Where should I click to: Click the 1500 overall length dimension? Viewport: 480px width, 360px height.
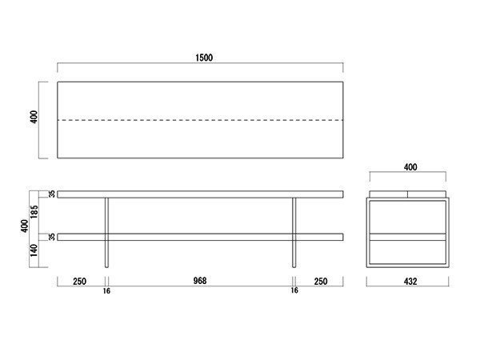tap(204, 58)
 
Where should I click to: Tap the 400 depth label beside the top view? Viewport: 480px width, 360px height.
tap(34, 117)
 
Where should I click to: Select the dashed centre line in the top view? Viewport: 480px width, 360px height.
tap(200, 120)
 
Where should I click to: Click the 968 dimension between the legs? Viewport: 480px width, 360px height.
tap(200, 281)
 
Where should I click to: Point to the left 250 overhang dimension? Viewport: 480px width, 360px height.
tap(79, 282)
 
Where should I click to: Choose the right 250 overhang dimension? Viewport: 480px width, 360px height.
tap(321, 282)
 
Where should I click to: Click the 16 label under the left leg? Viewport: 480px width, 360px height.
tap(106, 291)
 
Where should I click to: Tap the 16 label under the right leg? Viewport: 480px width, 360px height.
tap(294, 290)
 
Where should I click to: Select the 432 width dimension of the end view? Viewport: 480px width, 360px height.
tap(410, 282)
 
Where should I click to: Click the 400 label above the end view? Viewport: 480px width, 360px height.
tap(410, 167)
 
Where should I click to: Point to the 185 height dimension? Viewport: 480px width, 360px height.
tap(34, 211)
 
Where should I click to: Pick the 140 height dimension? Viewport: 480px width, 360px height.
tap(34, 250)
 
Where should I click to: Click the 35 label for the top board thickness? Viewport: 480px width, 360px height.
tap(52, 194)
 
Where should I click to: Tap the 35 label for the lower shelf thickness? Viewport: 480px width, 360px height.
tap(52, 237)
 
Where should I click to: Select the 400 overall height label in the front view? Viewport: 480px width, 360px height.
tap(25, 226)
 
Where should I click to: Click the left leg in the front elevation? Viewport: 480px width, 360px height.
tap(106, 232)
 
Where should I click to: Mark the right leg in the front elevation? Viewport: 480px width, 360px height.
tap(294, 232)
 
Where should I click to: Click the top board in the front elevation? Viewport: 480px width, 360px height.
tap(200, 194)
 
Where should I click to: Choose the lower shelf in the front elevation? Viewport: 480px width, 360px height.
tap(200, 237)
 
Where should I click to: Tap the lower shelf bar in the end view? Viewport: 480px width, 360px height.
tap(407, 237)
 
